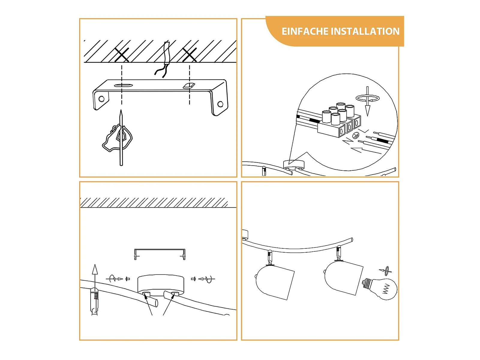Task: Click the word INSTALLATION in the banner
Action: (365, 31)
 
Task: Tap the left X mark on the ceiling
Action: (122, 55)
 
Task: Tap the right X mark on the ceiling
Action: (190, 55)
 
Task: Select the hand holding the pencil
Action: (117, 138)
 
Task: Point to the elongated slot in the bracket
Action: (123, 85)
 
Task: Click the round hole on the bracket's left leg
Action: (101, 99)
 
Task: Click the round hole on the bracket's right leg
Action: (220, 104)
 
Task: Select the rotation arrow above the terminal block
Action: (367, 98)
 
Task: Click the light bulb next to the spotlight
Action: (380, 288)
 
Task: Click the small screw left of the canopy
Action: (128, 279)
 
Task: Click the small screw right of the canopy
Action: (193, 279)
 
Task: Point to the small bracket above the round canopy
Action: (160, 249)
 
